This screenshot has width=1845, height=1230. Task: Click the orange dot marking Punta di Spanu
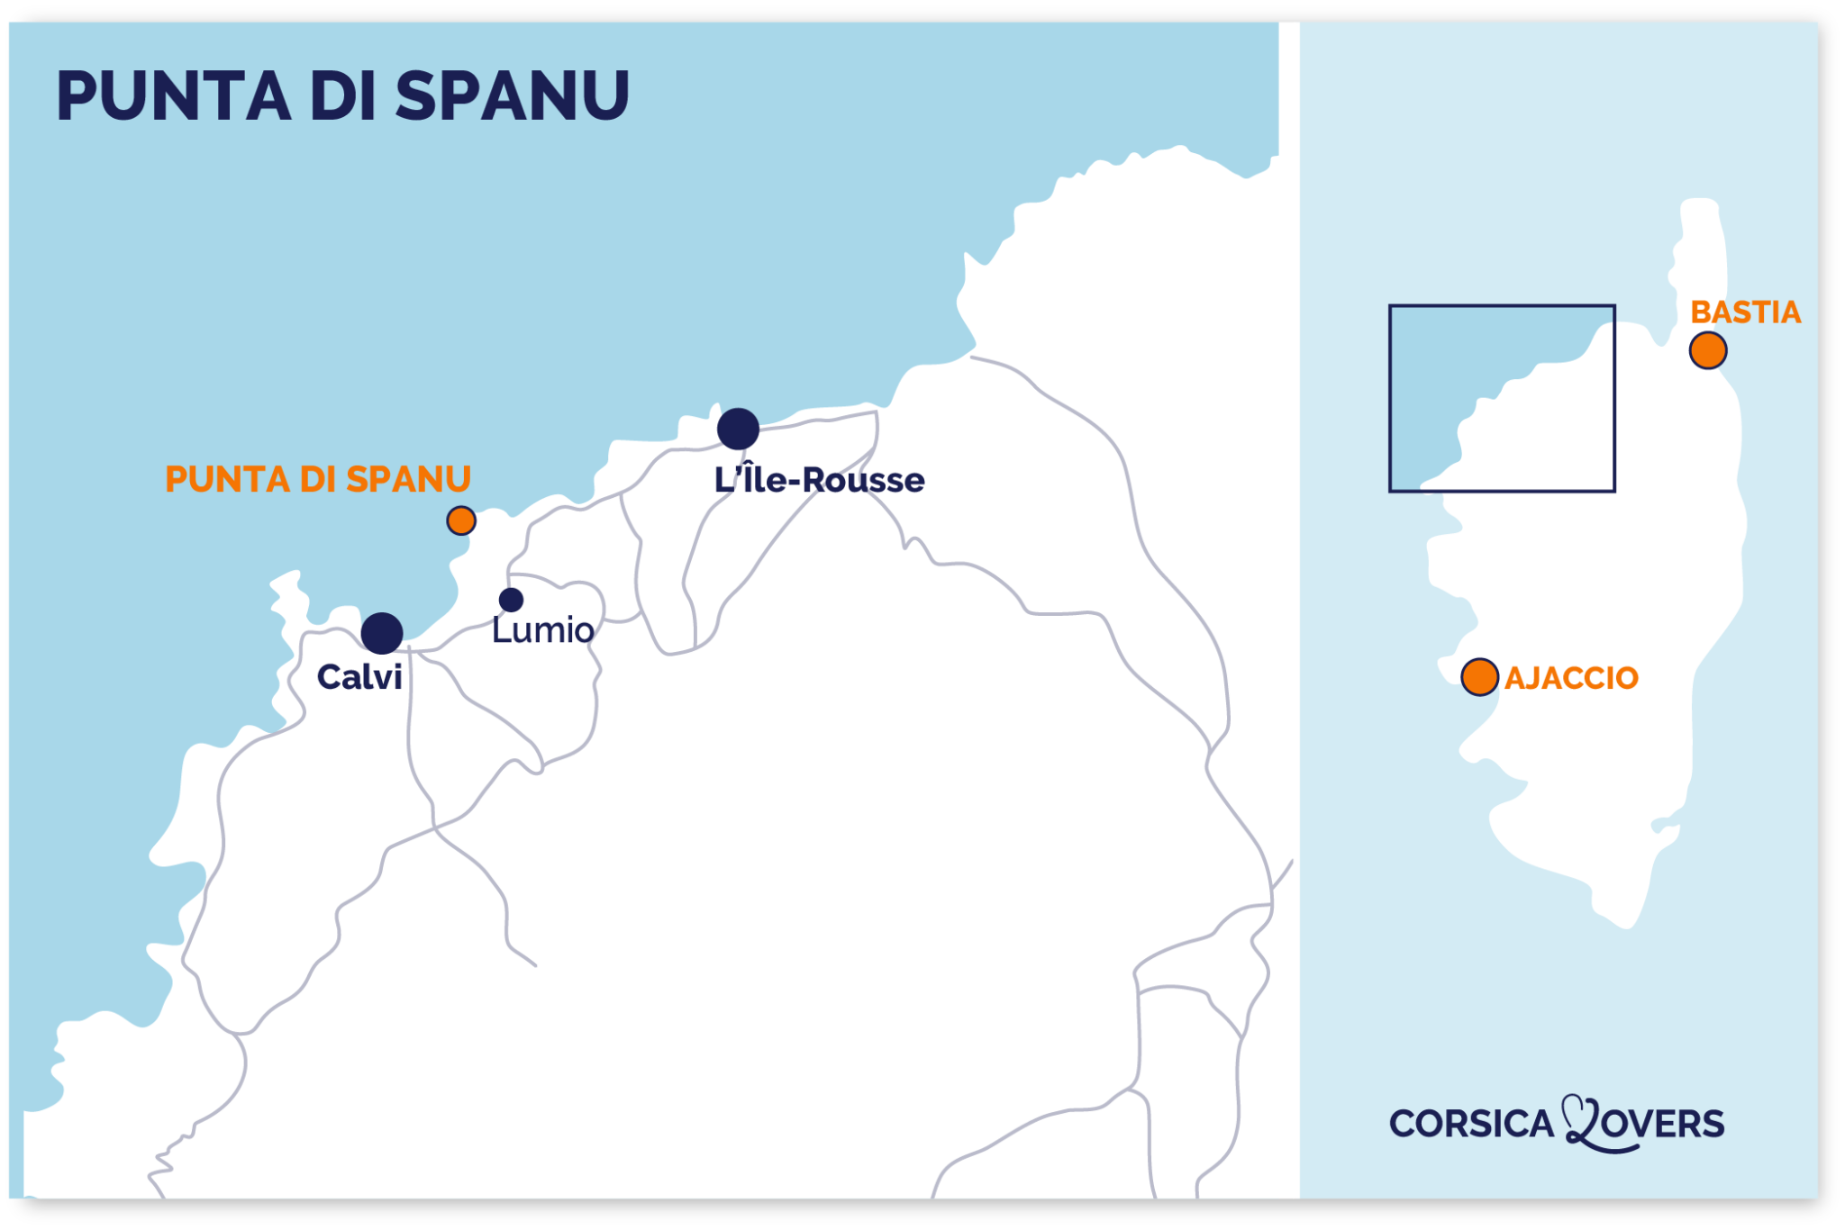tap(461, 520)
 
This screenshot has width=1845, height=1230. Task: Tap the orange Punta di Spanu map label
tap(318, 479)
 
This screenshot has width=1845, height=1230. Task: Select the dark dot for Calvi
tap(382, 633)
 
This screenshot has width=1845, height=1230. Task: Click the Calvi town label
tap(359, 677)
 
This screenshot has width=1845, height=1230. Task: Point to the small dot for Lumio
tap(511, 600)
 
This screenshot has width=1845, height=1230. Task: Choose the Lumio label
tap(542, 630)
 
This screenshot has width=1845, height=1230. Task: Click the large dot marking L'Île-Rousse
tap(738, 429)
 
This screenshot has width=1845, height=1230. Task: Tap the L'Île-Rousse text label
tap(819, 480)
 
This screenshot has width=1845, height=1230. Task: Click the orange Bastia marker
tap(1707, 350)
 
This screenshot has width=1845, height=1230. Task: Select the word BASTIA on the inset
tap(1745, 312)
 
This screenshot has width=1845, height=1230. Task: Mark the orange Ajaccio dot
tap(1479, 677)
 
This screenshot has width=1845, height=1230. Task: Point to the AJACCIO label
tap(1571, 678)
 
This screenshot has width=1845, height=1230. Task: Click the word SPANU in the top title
tap(512, 95)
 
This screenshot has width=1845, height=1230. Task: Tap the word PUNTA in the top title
tap(174, 95)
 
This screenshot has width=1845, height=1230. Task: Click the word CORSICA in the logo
tap(1471, 1124)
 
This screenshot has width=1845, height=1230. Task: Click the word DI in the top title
tap(342, 95)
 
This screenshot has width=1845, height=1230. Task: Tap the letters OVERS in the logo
tap(1667, 1125)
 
